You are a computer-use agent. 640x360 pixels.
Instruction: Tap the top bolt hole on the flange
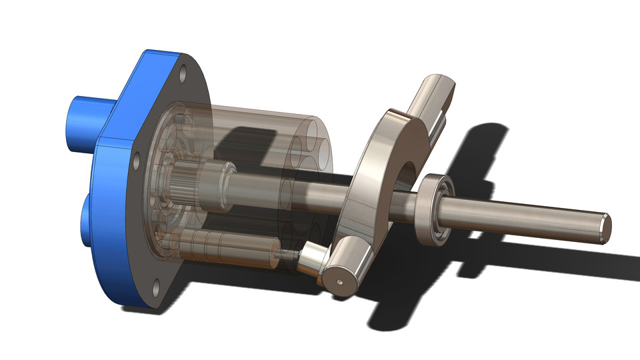pos(183,69)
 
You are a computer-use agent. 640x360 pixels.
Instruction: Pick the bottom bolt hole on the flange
pos(155,287)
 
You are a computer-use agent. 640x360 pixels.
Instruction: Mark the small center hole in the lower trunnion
pos(341,281)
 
